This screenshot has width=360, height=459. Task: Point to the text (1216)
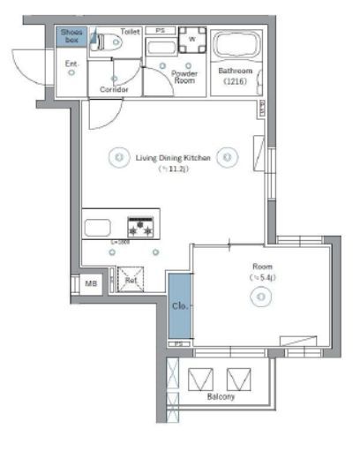236,81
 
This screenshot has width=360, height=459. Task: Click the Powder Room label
184,77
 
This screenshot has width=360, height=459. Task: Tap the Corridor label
115,90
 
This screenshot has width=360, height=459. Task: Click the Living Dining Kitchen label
172,158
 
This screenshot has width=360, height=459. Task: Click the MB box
91,283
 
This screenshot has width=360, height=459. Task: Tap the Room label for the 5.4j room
262,266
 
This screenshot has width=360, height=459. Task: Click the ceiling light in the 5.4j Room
262,297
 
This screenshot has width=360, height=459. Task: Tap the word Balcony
221,397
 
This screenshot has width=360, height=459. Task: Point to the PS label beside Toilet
160,30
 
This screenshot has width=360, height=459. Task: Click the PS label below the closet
178,343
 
